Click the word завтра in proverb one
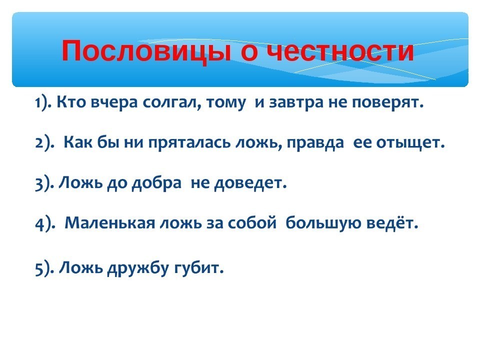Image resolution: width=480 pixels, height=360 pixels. click(x=295, y=103)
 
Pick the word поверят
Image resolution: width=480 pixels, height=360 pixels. click(x=387, y=103)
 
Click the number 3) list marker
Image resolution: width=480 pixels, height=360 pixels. click(x=43, y=183)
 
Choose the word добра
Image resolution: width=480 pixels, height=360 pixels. click(x=156, y=183)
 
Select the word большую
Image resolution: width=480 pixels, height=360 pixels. click(x=323, y=223)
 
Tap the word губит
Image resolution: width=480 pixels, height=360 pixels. click(x=199, y=268)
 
